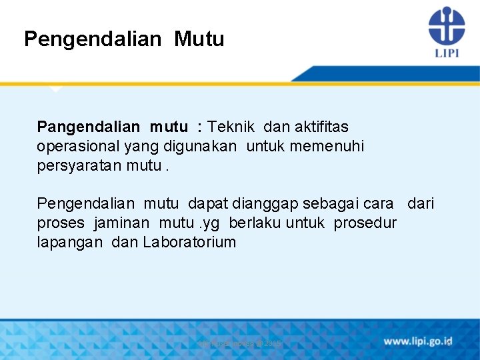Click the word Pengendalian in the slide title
coord(92,39)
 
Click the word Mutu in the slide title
coord(199,39)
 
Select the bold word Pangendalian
coord(89,127)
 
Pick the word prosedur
coord(365,223)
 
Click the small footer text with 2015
coord(240,343)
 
